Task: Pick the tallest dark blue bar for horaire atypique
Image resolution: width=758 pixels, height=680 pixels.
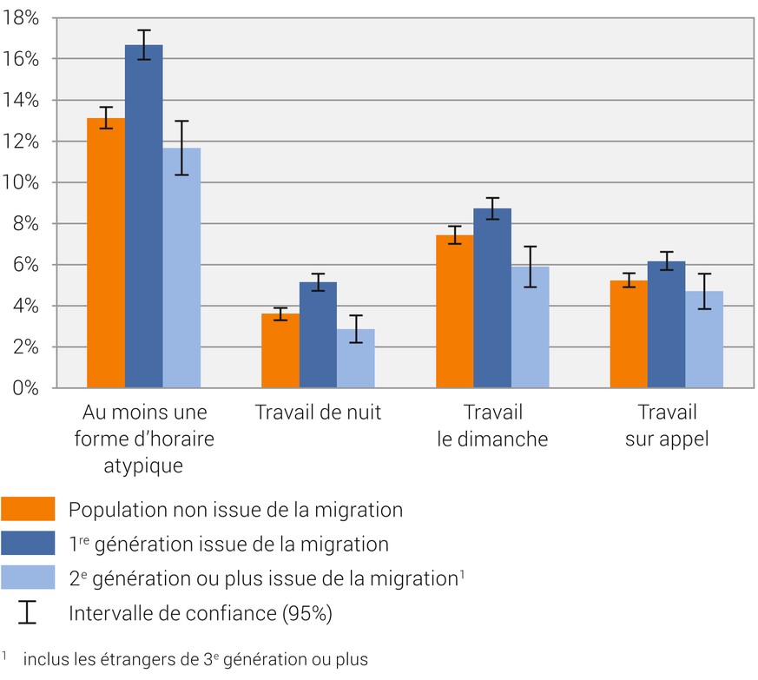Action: tap(143, 216)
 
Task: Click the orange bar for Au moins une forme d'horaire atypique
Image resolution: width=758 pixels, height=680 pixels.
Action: tap(105, 253)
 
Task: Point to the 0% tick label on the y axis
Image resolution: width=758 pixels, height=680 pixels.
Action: tap(25, 388)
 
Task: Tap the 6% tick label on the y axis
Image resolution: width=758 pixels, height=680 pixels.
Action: tap(25, 265)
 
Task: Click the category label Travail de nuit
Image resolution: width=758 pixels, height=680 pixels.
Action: tap(318, 413)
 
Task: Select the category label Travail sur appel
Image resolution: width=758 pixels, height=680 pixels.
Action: tap(667, 426)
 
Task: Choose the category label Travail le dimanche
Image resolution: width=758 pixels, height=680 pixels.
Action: tap(492, 426)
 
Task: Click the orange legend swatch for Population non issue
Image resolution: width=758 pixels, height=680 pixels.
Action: tap(28, 510)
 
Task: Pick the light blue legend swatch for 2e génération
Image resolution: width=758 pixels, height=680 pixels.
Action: tap(28, 578)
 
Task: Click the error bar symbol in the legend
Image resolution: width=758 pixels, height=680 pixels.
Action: tap(28, 612)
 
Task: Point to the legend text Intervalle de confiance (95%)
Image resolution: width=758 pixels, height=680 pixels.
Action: tap(201, 613)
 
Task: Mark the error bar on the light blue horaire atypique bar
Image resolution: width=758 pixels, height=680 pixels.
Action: tap(181, 148)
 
